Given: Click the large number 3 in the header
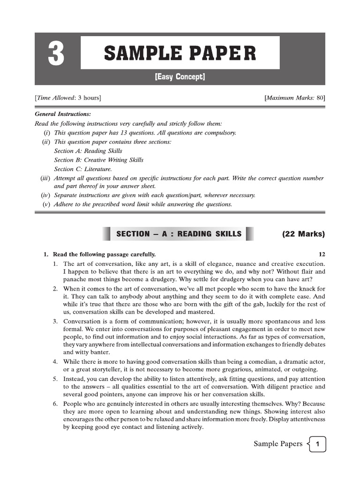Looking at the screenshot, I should [56, 54].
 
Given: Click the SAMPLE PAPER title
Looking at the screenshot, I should [180, 53].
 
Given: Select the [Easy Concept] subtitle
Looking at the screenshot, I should [180, 77].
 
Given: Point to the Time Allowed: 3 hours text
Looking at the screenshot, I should [67, 97].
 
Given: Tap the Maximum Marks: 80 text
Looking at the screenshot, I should [295, 97].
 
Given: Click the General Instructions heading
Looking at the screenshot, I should [63, 114].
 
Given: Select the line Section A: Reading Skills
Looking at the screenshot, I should [88, 151].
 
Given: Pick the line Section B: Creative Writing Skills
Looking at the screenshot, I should [98, 160].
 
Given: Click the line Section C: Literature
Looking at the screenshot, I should [83, 169].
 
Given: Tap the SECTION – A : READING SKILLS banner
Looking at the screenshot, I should [179, 233].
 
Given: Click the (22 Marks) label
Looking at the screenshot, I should [303, 234].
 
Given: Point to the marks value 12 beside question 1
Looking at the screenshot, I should [322, 254].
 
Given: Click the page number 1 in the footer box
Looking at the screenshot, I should [318, 444].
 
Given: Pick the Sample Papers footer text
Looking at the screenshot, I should [278, 444].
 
